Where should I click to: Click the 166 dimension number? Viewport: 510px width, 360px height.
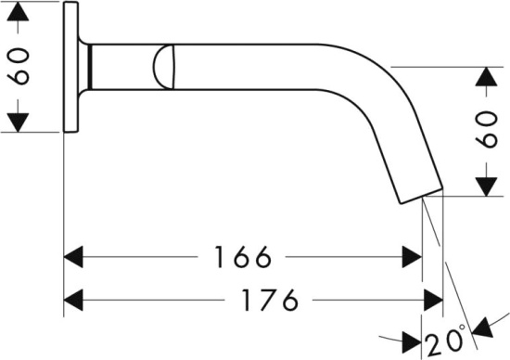(x=243, y=257)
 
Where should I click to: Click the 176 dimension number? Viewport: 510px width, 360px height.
(x=270, y=300)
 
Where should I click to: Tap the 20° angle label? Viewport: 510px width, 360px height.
(x=446, y=341)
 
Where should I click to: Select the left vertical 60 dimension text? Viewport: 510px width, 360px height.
(x=19, y=67)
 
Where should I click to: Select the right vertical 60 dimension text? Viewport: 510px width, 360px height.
(x=487, y=130)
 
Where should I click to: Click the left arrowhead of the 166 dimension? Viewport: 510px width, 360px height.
(x=73, y=257)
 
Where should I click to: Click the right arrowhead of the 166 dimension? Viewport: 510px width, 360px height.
(x=412, y=257)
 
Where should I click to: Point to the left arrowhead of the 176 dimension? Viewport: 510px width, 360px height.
(x=73, y=300)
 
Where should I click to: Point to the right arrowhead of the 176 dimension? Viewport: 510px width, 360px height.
(x=433, y=300)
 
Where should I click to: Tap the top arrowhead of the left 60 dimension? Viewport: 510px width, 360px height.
(x=18, y=11)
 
